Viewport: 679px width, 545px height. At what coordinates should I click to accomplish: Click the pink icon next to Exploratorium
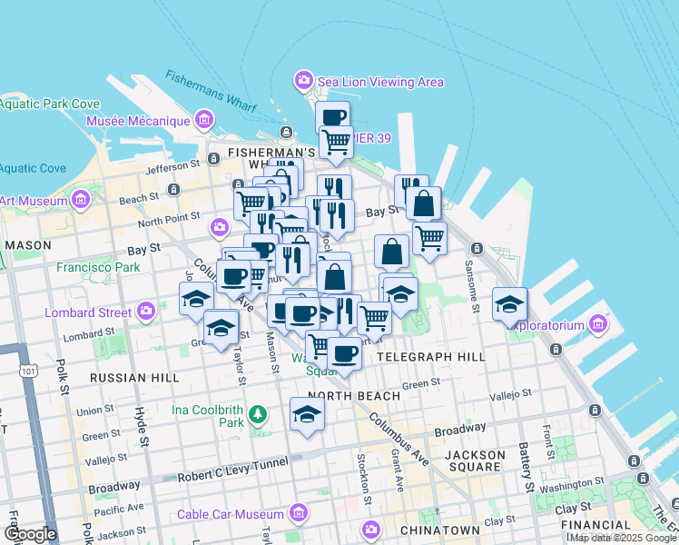coord(597,323)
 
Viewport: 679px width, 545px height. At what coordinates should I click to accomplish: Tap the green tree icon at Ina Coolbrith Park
coord(259,415)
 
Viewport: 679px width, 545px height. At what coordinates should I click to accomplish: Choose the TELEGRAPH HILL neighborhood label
coord(431,357)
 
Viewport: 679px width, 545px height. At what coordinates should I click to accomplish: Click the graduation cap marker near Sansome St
coord(510,303)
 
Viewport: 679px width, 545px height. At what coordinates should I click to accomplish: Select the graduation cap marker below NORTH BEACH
coord(307,414)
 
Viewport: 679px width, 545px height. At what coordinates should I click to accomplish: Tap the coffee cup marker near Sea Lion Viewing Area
coord(333,115)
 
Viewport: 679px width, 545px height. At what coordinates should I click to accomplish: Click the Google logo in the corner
coord(29,534)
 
